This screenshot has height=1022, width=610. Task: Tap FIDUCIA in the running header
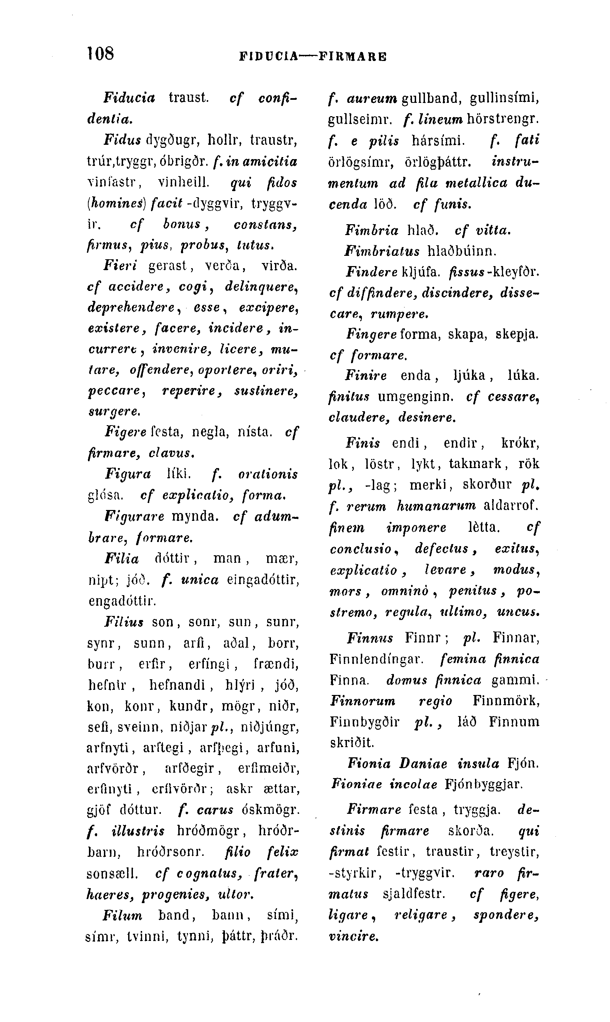[269, 56]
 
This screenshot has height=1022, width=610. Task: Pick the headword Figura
[128, 474]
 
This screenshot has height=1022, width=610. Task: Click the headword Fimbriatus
[382, 251]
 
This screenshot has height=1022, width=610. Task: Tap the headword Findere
[371, 272]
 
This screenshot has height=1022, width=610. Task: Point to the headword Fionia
[369, 763]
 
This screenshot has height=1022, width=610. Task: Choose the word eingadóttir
[263, 580]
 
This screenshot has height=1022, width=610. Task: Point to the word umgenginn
[415, 397]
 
